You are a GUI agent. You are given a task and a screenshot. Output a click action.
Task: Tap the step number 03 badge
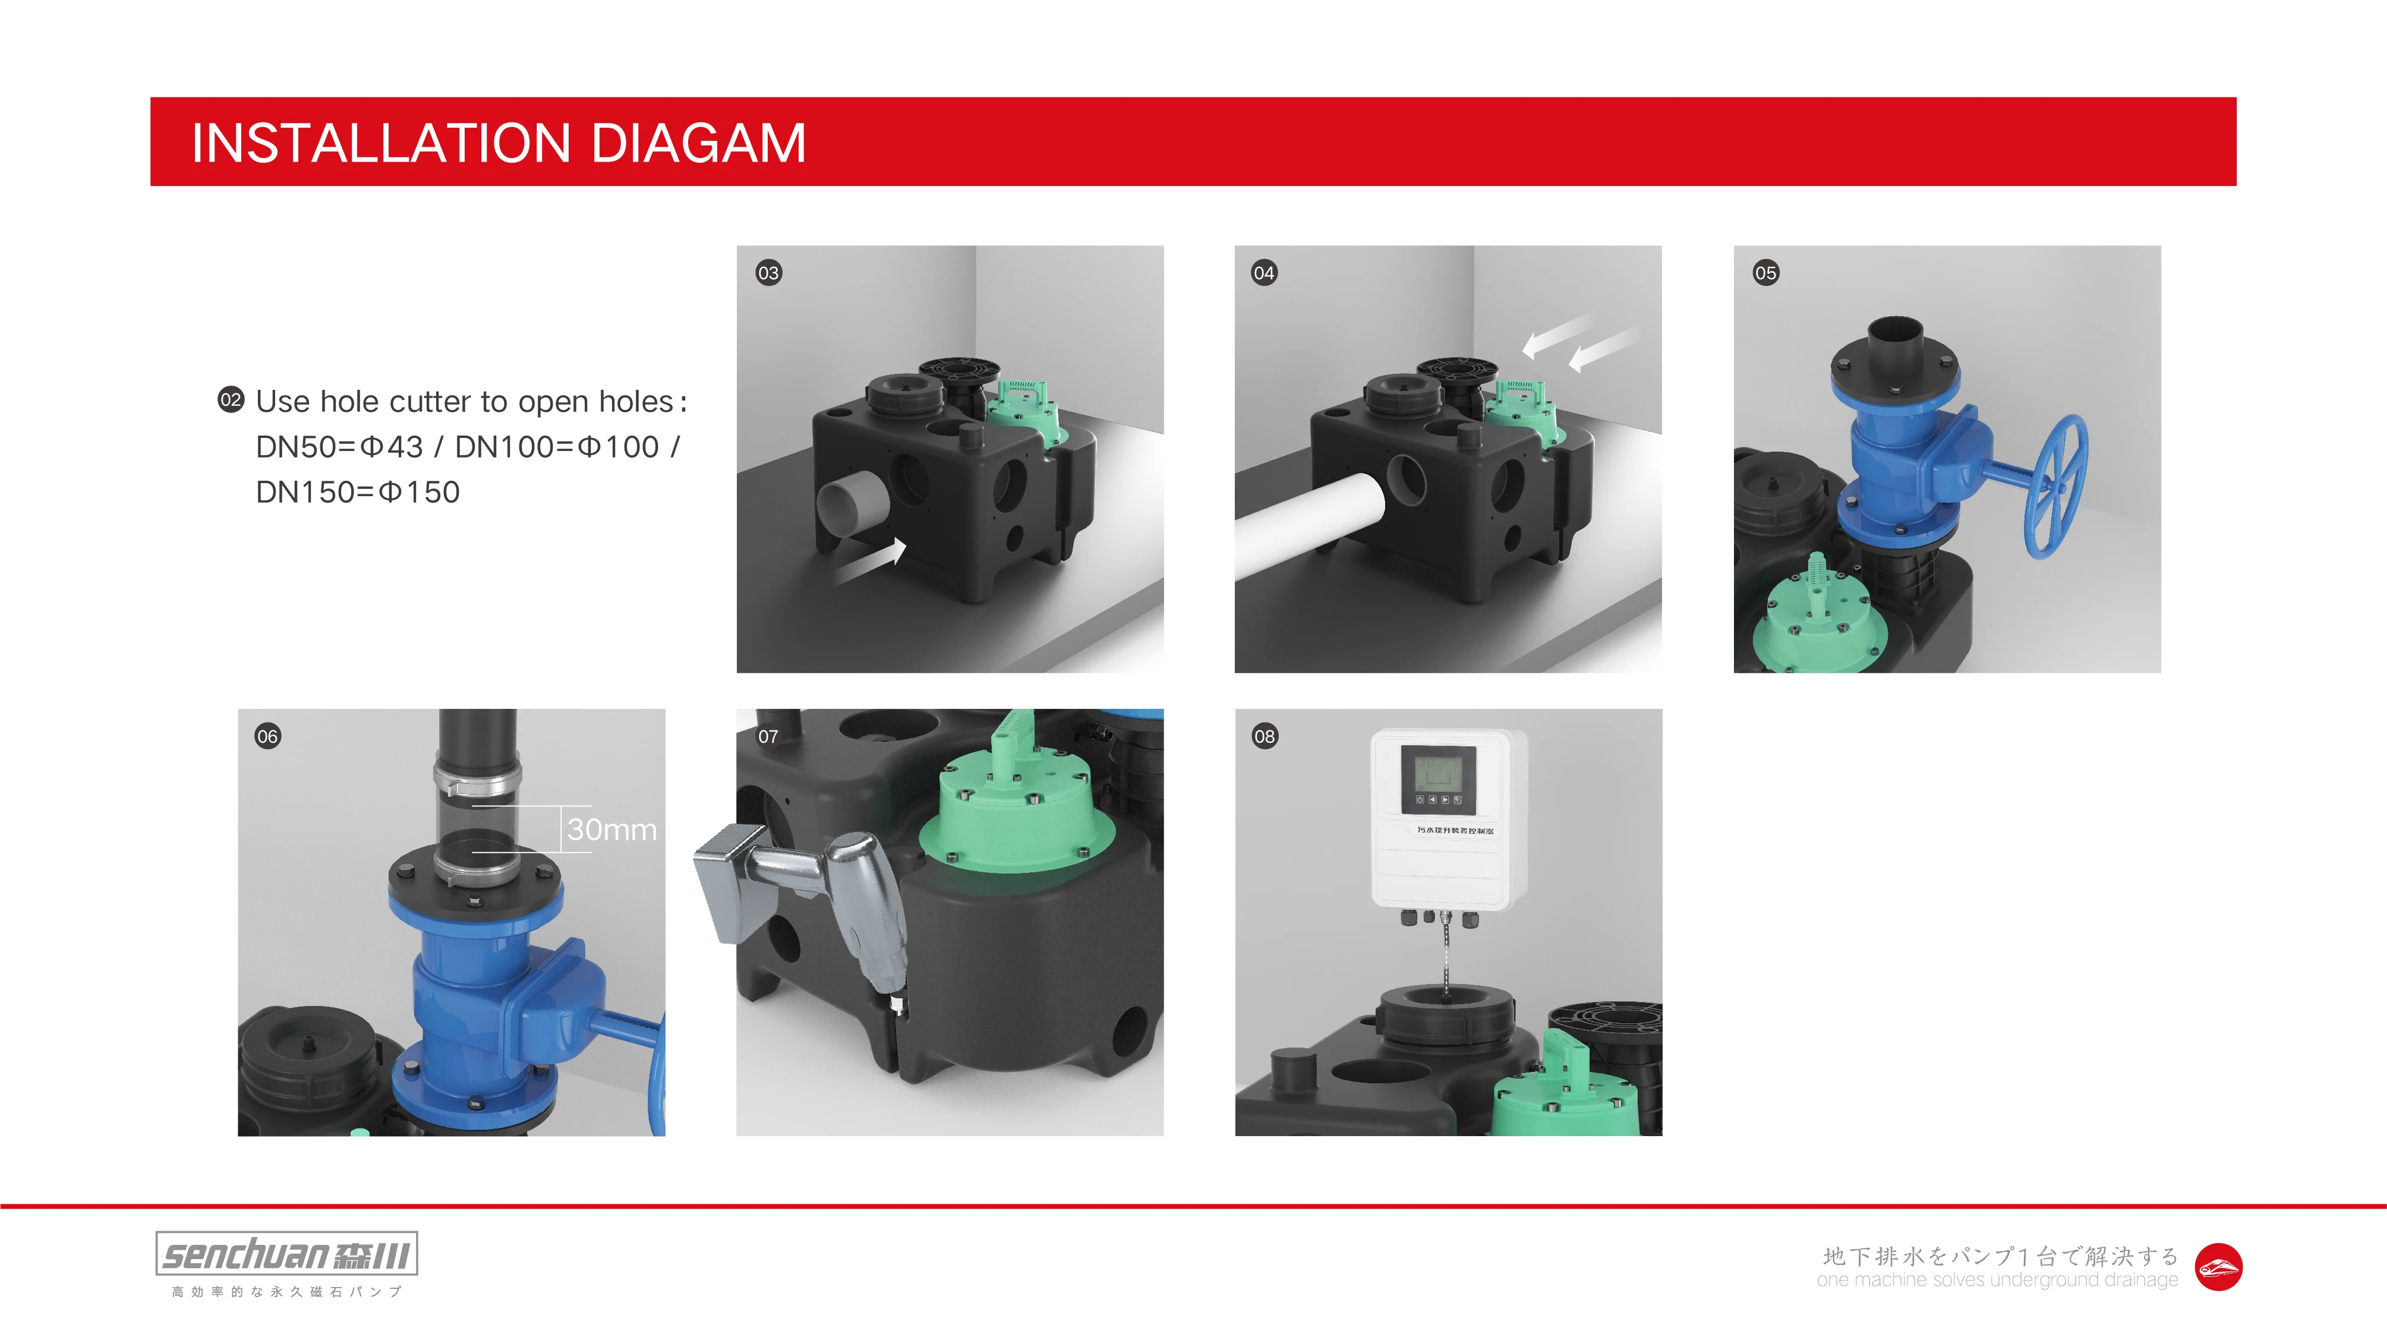[x=768, y=273]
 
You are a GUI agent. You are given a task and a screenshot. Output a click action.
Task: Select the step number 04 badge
[x=1264, y=273]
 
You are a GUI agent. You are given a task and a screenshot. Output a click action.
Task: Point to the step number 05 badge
[x=1765, y=273]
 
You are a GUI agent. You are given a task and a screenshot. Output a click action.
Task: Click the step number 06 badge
[x=268, y=736]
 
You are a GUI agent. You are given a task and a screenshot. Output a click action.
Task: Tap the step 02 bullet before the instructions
[x=231, y=400]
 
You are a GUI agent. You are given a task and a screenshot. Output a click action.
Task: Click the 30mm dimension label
[x=611, y=829]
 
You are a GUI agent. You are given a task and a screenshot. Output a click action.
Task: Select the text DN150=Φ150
[x=358, y=492]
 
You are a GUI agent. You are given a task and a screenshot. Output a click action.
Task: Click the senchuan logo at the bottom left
[x=286, y=1254]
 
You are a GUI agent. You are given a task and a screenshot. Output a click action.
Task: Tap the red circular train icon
[x=2218, y=1266]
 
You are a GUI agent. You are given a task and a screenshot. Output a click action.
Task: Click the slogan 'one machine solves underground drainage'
[x=1997, y=1281]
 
